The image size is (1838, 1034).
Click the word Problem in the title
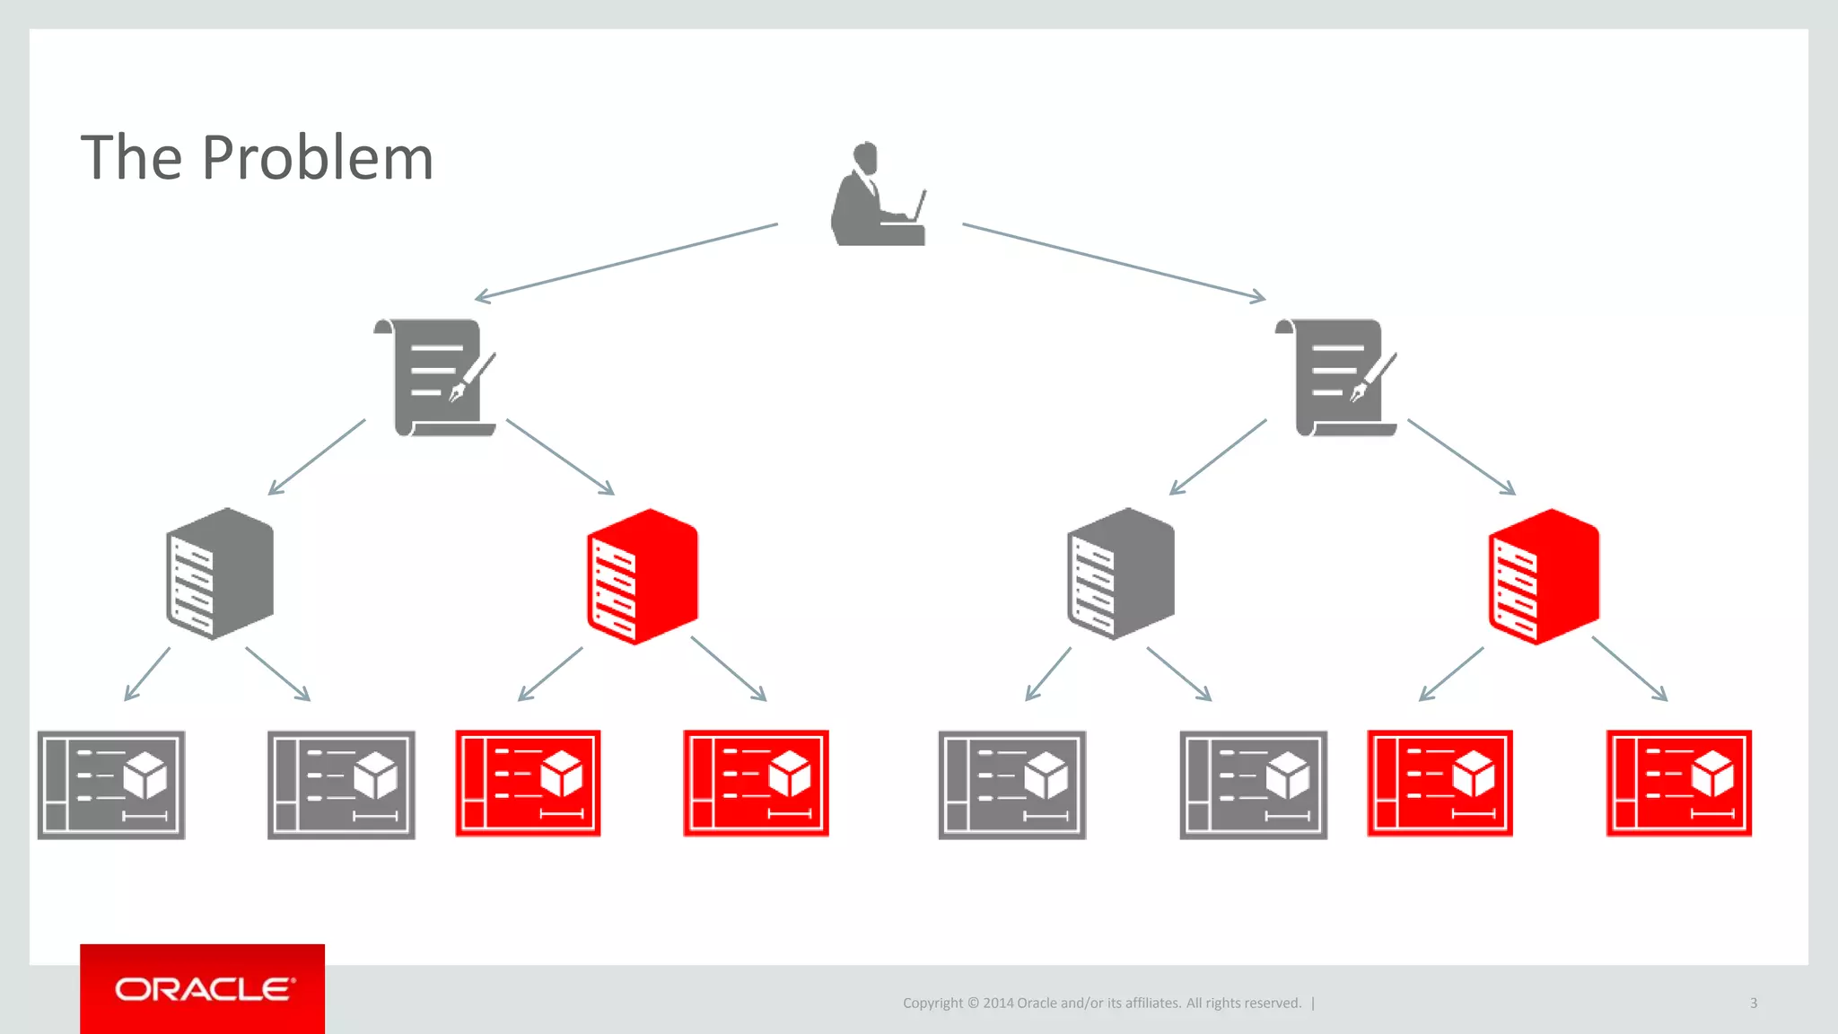[318, 159]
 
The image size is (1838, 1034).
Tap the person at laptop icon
[875, 195]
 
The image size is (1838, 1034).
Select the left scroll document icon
[435, 378]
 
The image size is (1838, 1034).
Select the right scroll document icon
[1336, 378]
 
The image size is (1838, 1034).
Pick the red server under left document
[642, 576]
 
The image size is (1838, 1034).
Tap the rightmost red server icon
[1544, 576]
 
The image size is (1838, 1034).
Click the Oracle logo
[203, 989]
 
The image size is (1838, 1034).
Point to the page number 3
[1753, 1003]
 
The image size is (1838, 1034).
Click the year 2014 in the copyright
[998, 1003]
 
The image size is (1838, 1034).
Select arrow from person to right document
[1114, 261]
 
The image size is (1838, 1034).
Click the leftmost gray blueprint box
[111, 784]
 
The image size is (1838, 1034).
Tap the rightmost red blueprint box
[1678, 784]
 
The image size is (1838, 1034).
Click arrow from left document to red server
[560, 457]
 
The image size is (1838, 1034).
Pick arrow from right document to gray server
[1218, 457]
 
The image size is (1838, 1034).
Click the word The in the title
[131, 159]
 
